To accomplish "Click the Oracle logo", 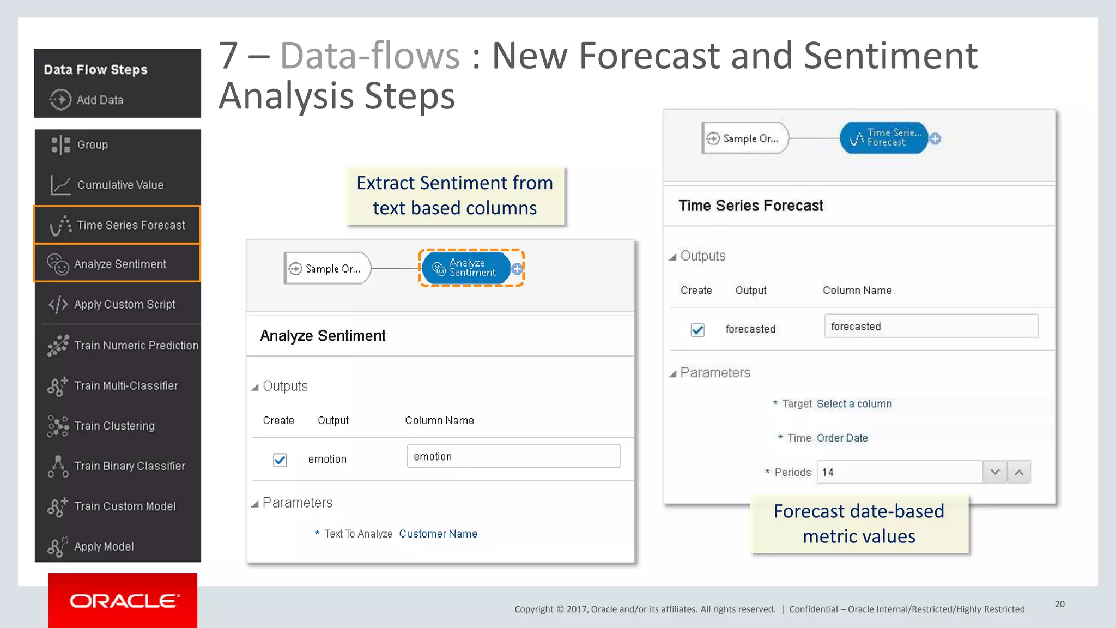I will point(123,601).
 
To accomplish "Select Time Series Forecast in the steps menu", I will point(118,225).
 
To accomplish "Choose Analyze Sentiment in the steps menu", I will point(118,264).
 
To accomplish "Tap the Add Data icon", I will point(60,100).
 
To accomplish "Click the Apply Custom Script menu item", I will point(118,304).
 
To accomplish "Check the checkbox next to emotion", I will point(280,460).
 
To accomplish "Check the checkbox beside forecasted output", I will point(697,330).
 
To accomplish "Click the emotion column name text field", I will point(513,456).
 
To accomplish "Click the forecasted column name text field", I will point(931,326).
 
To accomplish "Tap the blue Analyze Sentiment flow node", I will point(466,268).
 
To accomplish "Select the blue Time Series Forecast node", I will point(884,138).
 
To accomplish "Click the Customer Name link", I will point(438,534).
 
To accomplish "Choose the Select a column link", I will point(854,404).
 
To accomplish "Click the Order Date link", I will point(842,438).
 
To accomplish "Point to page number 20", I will point(1059,604).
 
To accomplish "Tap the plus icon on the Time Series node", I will point(935,138).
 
